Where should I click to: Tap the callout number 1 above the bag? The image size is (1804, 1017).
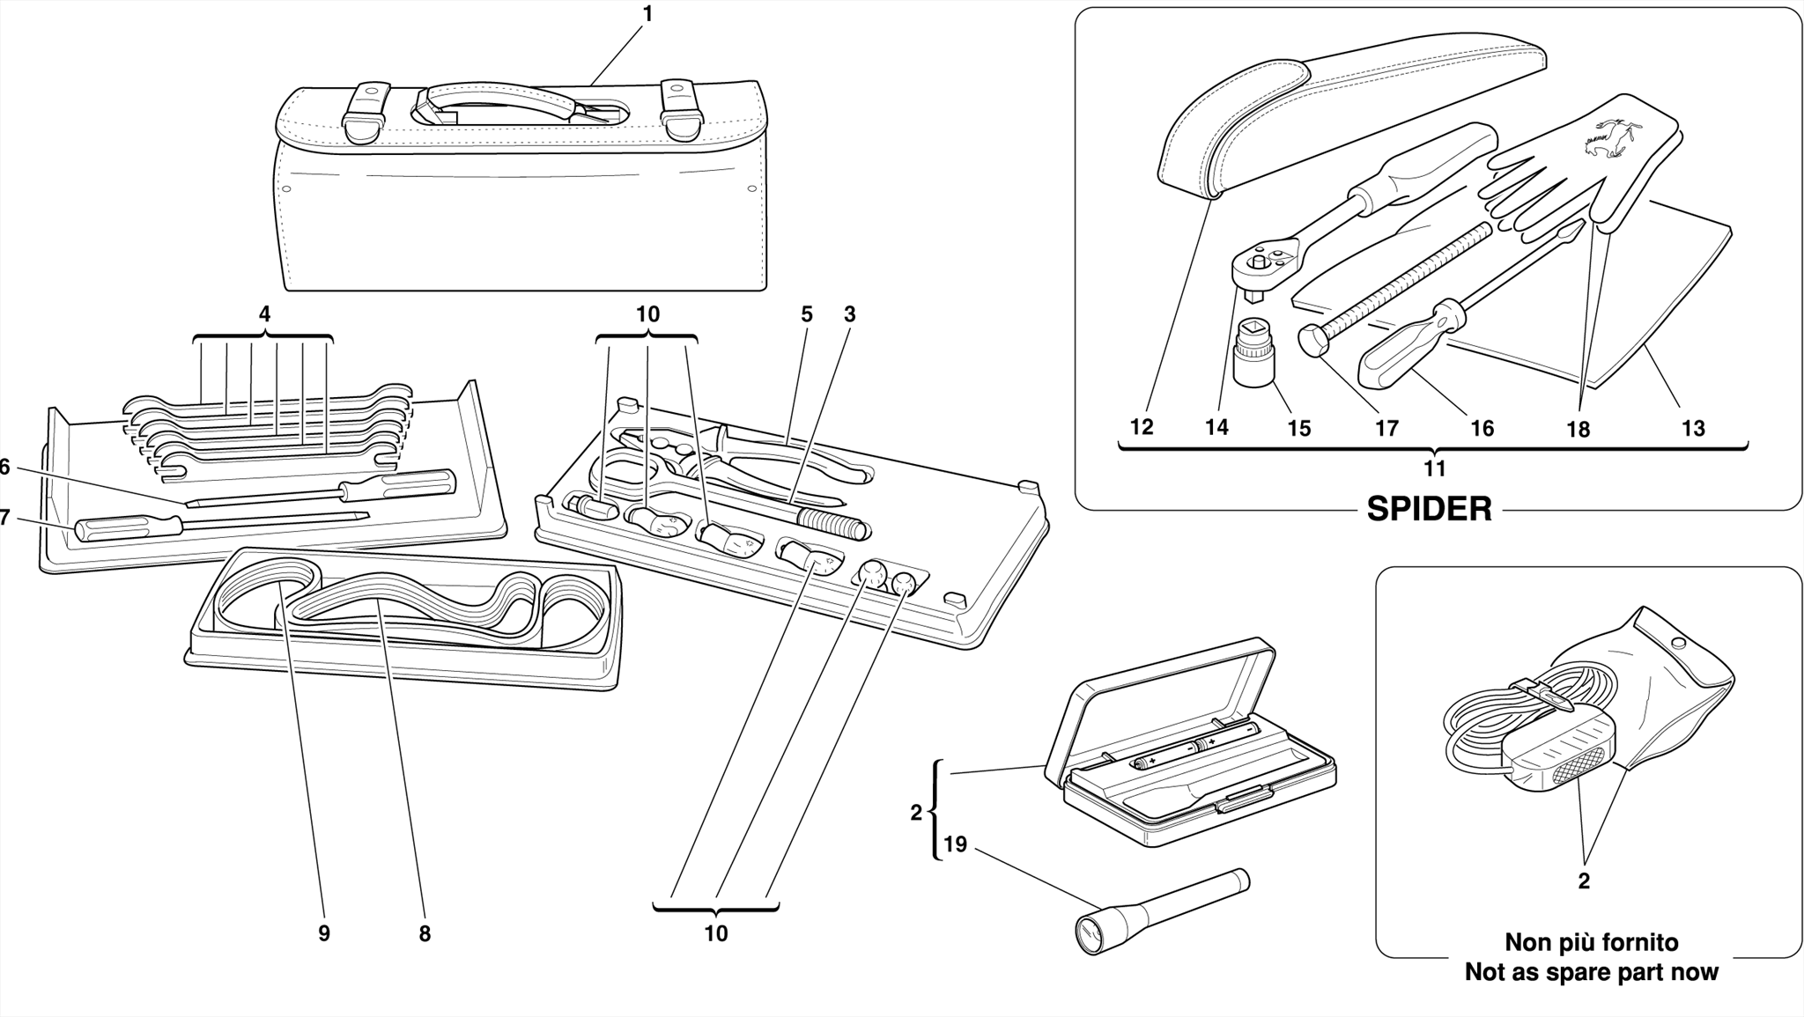pyautogui.click(x=648, y=14)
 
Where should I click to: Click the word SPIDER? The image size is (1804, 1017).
pyautogui.click(x=1429, y=509)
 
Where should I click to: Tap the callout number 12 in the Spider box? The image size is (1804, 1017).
pyautogui.click(x=1142, y=427)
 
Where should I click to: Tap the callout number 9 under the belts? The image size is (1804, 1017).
pyautogui.click(x=324, y=934)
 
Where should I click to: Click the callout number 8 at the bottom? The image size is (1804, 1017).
pyautogui.click(x=425, y=934)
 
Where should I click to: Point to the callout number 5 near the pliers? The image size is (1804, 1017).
pyautogui.click(x=806, y=314)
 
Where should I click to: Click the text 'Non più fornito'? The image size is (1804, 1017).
pyautogui.click(x=1591, y=942)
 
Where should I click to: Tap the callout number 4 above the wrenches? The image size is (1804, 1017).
pyautogui.click(x=264, y=314)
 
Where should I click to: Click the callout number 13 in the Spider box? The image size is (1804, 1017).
pyautogui.click(x=1693, y=429)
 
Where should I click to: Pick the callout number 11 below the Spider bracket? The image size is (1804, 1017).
pyautogui.click(x=1434, y=468)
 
